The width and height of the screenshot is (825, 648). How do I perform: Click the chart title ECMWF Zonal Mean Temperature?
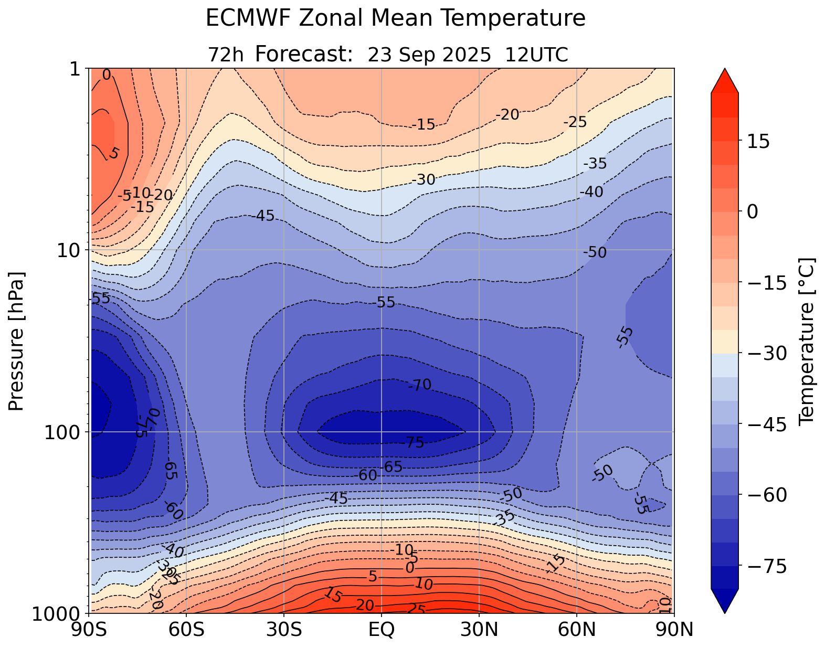(x=395, y=18)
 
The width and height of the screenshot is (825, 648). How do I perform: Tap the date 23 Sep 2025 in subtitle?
(x=429, y=55)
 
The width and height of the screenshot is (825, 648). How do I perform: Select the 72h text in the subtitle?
(x=226, y=55)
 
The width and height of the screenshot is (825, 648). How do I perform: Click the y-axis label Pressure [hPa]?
(x=17, y=341)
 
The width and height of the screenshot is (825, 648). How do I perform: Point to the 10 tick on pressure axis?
(x=68, y=250)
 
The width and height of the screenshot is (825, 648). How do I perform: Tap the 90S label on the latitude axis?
(x=91, y=630)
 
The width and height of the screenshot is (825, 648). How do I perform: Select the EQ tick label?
(x=382, y=630)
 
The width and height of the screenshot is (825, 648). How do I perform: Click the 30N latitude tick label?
(x=479, y=630)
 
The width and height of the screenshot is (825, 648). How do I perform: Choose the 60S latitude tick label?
(x=187, y=630)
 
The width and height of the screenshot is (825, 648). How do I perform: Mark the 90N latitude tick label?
(x=674, y=630)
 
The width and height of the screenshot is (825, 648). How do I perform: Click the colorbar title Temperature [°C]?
(x=806, y=341)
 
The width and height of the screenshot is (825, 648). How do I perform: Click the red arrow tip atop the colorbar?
(x=725, y=80)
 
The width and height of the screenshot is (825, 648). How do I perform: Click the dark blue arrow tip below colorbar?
(x=725, y=602)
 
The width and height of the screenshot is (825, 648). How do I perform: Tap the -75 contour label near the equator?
(x=414, y=443)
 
